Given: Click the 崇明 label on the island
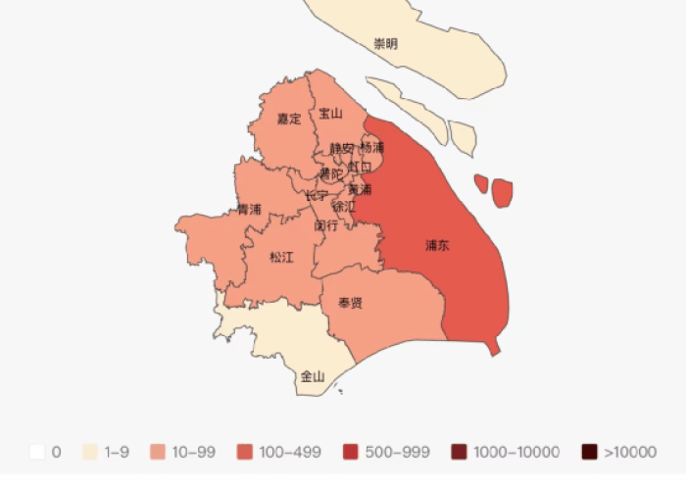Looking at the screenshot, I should coord(386,44).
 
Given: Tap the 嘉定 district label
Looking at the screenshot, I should coord(288,120).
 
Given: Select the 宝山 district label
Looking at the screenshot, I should coord(330,114).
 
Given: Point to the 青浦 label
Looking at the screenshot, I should coord(249,210).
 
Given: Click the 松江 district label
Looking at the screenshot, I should coord(281,258).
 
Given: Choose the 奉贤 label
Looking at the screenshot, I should coord(350,303).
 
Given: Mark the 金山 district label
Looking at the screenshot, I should coord(313,375).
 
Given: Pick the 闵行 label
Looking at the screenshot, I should coord(326,225).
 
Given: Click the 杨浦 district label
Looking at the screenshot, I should coord(372,147).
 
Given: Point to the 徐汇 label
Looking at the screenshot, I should coord(344,207).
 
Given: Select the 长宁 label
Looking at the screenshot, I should coord(316,195).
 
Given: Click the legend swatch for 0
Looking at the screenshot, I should coord(37,452).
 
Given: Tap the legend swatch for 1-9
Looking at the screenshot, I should coord(90,452).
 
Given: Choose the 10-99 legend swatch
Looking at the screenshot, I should coord(157,452).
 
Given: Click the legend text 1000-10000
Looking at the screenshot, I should coord(515,452).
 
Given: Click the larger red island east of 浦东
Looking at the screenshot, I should coord(503,193).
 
